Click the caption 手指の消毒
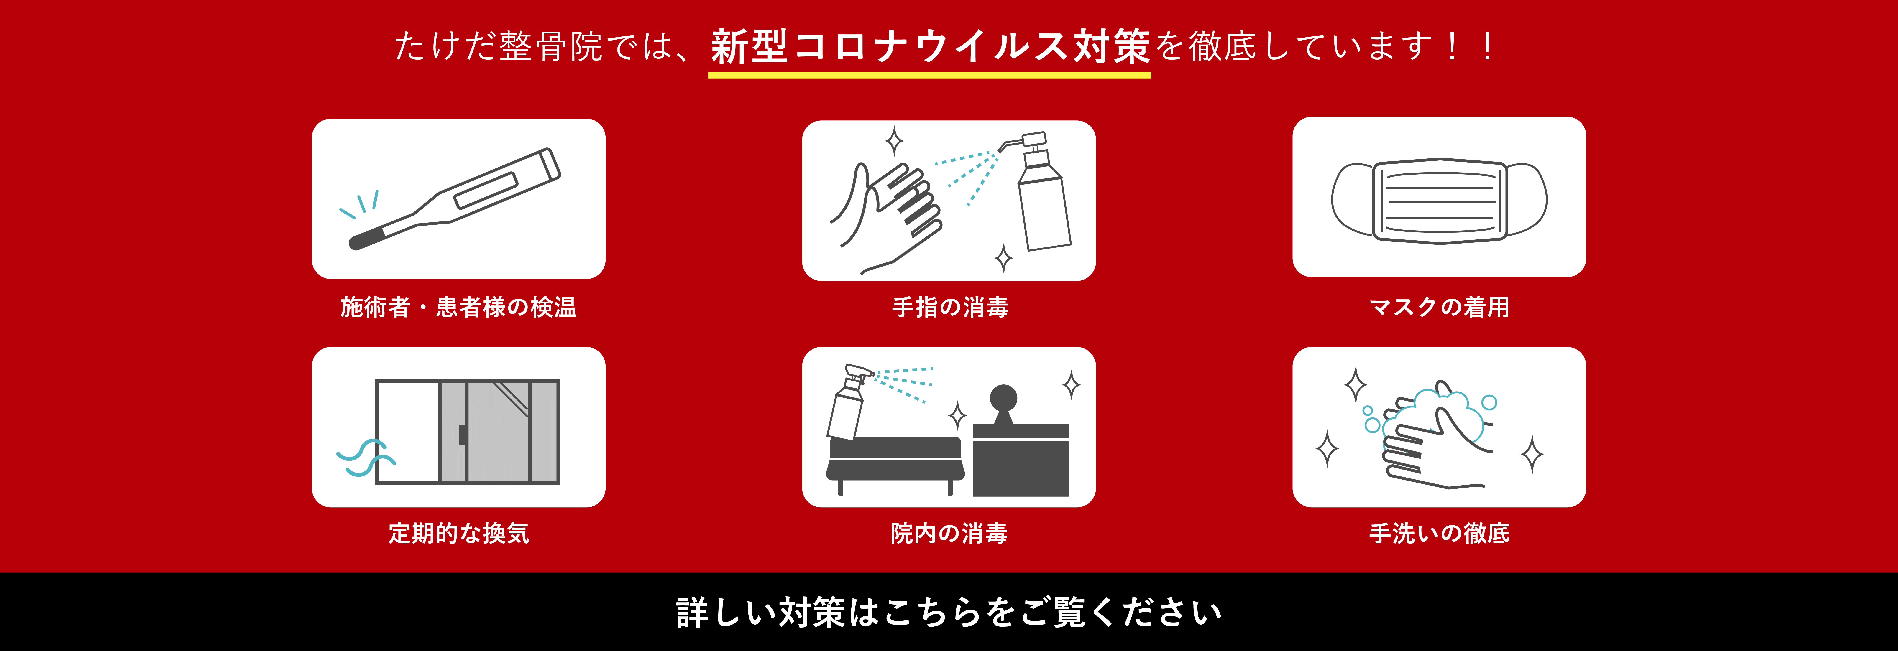tap(950, 307)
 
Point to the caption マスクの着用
tap(1439, 307)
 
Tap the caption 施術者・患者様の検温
tap(458, 307)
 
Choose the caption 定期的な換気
tap(458, 533)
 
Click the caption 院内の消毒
tap(949, 533)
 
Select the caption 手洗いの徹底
tap(1439, 533)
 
